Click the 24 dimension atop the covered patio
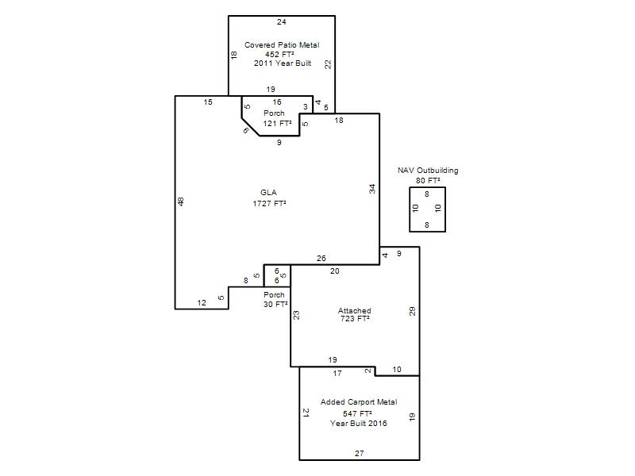pyautogui.click(x=282, y=22)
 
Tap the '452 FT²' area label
pyautogui.click(x=279, y=54)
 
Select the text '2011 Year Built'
pyautogui.click(x=283, y=63)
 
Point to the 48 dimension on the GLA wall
pyautogui.click(x=181, y=202)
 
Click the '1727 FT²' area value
pyautogui.click(x=269, y=203)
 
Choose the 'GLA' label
pyautogui.click(x=268, y=193)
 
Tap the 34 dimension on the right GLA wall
pyautogui.click(x=372, y=189)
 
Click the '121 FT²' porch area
pyautogui.click(x=277, y=124)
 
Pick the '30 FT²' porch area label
pyautogui.click(x=275, y=304)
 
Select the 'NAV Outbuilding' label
pyautogui.click(x=428, y=171)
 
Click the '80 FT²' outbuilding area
pyautogui.click(x=428, y=181)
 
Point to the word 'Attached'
pyautogui.click(x=354, y=310)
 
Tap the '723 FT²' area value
pyautogui.click(x=355, y=319)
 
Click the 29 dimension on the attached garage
pyautogui.click(x=412, y=311)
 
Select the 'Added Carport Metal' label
pyautogui.click(x=359, y=402)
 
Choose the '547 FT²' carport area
pyautogui.click(x=357, y=413)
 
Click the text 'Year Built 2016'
pyautogui.click(x=359, y=424)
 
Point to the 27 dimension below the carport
pyautogui.click(x=360, y=453)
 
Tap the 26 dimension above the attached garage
pyautogui.click(x=321, y=259)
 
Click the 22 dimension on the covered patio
pyautogui.click(x=328, y=64)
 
